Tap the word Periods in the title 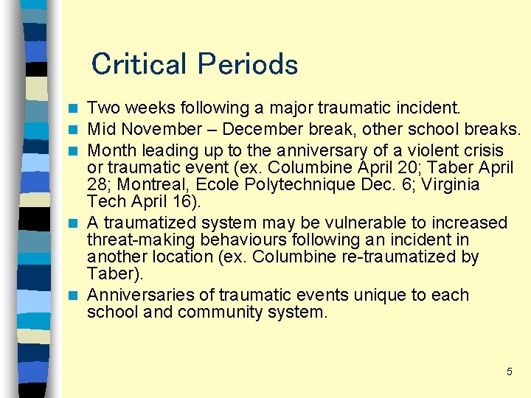[246, 64]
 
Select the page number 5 [509, 372]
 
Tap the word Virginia [448, 184]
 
